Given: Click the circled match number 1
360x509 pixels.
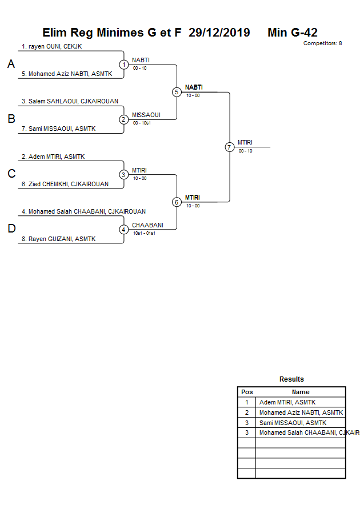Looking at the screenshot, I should pos(124,65).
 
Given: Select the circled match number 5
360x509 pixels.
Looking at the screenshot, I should pos(177,92).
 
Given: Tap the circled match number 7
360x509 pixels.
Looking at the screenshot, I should pos(230,147).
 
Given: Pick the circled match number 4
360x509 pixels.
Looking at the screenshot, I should pos(124,230).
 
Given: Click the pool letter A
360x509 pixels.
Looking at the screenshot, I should pos(11,65).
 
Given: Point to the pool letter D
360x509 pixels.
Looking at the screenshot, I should pos(11,229).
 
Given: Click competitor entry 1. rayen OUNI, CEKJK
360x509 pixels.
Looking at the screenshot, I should pos(51,46).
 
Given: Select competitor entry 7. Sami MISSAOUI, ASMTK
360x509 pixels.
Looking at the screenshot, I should pos(58,129).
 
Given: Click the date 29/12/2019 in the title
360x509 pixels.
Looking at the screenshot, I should pos(219,33).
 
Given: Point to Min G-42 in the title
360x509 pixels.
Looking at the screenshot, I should pos(293,33).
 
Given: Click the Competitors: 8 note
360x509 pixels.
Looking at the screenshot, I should pos(322,43).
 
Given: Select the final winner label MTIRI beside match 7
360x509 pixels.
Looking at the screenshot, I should pos(245,142).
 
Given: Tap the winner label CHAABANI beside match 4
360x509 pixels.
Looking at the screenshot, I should pos(147,225).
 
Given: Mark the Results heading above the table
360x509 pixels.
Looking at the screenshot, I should pos(291,379).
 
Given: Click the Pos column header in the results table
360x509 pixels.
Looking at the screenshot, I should pos(247,392).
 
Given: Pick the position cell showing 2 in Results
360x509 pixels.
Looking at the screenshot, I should pos(247,412).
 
